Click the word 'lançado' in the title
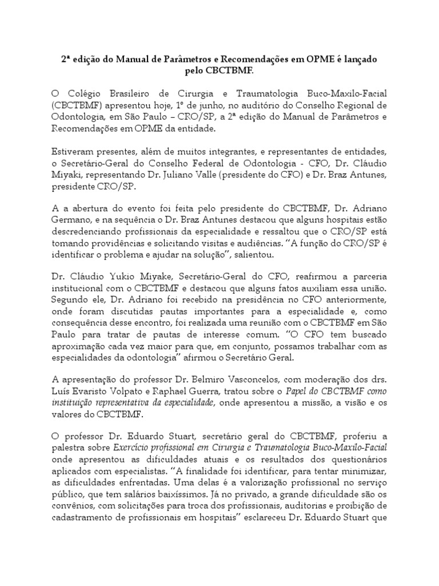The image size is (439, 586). tap(357, 59)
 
